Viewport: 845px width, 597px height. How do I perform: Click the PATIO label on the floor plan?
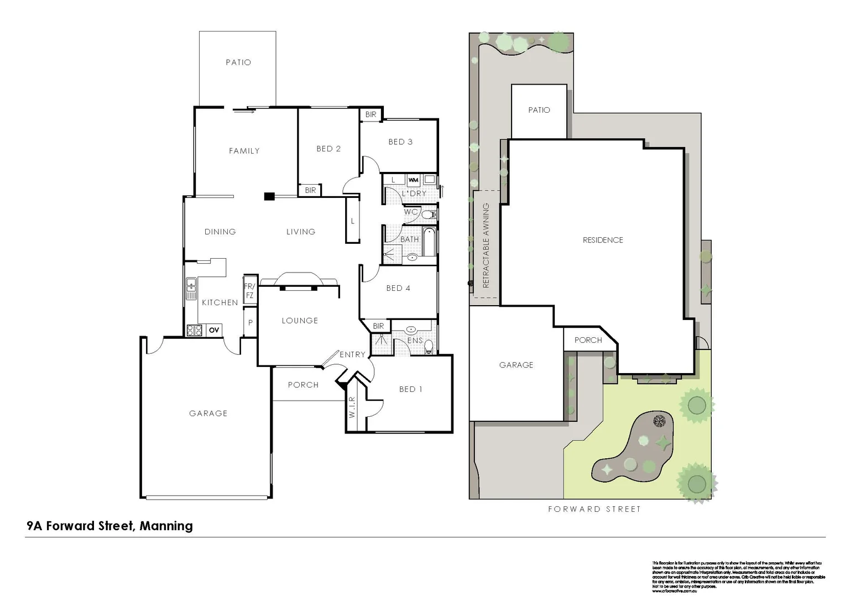238,62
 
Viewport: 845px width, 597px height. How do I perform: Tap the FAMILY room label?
244,151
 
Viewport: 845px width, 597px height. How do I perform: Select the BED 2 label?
328,149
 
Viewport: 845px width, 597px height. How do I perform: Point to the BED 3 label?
400,142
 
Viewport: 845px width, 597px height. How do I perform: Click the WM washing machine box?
413,180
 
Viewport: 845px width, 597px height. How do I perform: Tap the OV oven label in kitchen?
214,330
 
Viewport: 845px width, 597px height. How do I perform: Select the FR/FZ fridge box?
250,291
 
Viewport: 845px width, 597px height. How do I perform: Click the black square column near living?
269,196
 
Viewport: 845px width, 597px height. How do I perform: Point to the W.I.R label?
352,407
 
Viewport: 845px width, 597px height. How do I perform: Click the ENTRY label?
352,354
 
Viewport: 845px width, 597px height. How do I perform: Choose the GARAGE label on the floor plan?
208,413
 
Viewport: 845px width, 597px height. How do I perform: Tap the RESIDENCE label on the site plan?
603,240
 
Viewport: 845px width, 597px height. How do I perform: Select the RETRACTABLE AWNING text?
486,245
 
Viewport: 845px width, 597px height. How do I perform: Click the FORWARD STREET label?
594,509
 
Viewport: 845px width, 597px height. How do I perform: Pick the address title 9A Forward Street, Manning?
109,526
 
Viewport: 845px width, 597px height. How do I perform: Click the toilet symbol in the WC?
429,214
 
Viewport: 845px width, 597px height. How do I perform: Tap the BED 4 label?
398,288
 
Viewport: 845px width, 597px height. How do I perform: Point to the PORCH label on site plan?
588,340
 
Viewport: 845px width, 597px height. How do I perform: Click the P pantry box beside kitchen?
251,323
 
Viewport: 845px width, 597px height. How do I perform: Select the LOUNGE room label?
300,321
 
